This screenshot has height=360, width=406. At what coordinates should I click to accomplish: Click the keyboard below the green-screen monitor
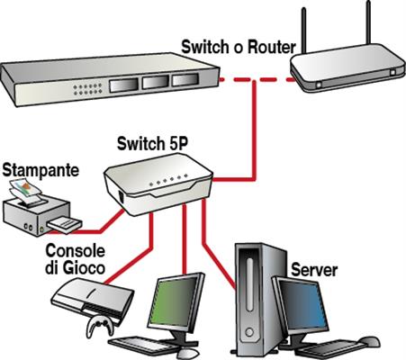click(x=149, y=346)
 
